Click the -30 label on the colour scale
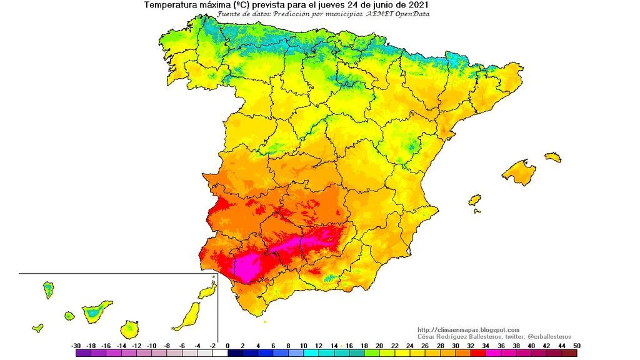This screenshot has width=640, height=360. click(x=76, y=346)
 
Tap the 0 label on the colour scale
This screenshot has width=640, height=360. click(x=227, y=346)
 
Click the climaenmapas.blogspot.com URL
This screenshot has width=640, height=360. click(x=468, y=330)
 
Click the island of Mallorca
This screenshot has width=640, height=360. click(x=519, y=172)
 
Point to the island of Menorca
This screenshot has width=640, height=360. click(x=552, y=157)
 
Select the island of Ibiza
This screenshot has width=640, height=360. click(x=474, y=201)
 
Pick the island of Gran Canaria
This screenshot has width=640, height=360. click(x=129, y=328)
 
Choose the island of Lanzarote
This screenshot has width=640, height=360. click(x=207, y=291)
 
